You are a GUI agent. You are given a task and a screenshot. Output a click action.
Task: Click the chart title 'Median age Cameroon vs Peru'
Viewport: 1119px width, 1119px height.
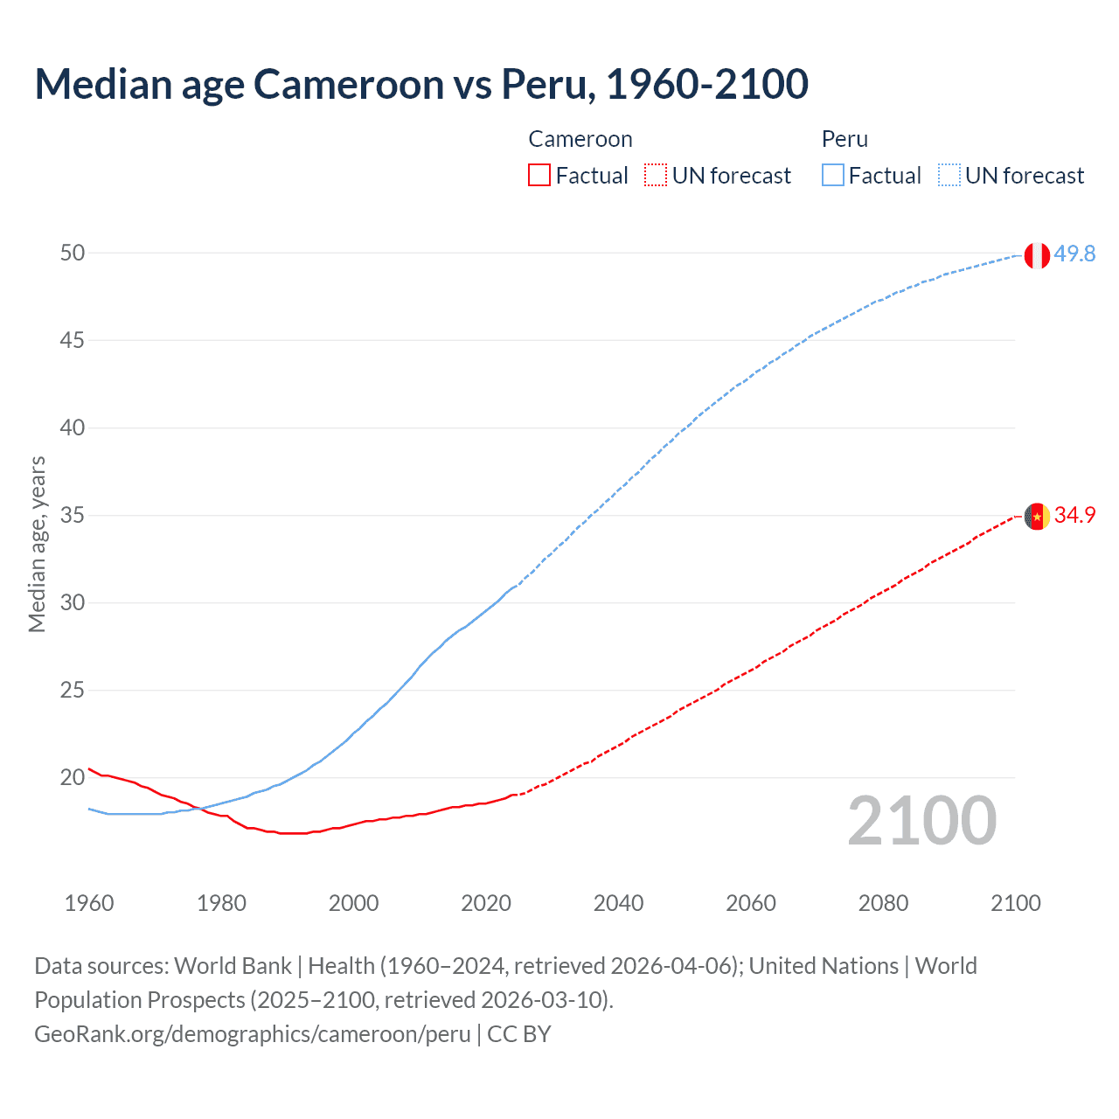tap(420, 84)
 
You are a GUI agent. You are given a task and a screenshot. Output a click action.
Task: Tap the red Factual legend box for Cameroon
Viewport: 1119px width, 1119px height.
tap(539, 176)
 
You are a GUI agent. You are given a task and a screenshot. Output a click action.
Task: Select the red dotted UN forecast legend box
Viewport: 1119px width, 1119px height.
tap(656, 176)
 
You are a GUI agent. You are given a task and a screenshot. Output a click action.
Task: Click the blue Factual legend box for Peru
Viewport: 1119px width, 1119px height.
tap(833, 176)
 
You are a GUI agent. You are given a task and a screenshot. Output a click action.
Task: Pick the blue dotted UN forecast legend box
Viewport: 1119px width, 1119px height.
tap(949, 176)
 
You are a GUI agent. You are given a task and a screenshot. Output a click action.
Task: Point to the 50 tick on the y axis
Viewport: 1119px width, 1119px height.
tap(73, 253)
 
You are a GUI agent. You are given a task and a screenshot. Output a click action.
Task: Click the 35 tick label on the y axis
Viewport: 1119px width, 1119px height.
tap(73, 515)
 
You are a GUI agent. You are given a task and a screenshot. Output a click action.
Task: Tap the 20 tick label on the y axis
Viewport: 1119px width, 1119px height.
tap(73, 777)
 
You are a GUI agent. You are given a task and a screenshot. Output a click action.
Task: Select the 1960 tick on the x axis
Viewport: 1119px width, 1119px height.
tap(89, 903)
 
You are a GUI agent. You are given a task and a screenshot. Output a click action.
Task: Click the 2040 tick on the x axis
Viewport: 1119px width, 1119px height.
tap(618, 903)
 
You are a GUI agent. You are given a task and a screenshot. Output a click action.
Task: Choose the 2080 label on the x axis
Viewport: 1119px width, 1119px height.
tap(883, 903)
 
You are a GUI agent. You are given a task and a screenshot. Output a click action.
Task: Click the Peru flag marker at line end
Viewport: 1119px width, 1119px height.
tap(1037, 255)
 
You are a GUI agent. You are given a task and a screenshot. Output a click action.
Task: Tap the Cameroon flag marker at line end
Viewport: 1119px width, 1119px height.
tap(1037, 517)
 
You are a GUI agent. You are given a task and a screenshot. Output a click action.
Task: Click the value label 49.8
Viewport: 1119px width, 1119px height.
tap(1074, 254)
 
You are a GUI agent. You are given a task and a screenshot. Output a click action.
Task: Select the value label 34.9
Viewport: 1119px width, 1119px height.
tap(1074, 515)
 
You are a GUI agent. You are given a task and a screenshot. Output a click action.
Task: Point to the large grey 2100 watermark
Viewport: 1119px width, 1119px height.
tap(921, 821)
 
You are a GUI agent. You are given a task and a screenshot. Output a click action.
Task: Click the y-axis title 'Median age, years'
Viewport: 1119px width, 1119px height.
tap(37, 544)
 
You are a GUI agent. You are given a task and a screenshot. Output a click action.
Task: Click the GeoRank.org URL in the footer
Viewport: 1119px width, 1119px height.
tap(253, 1034)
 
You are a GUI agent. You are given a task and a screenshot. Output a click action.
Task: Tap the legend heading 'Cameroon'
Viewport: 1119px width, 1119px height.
tap(580, 139)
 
